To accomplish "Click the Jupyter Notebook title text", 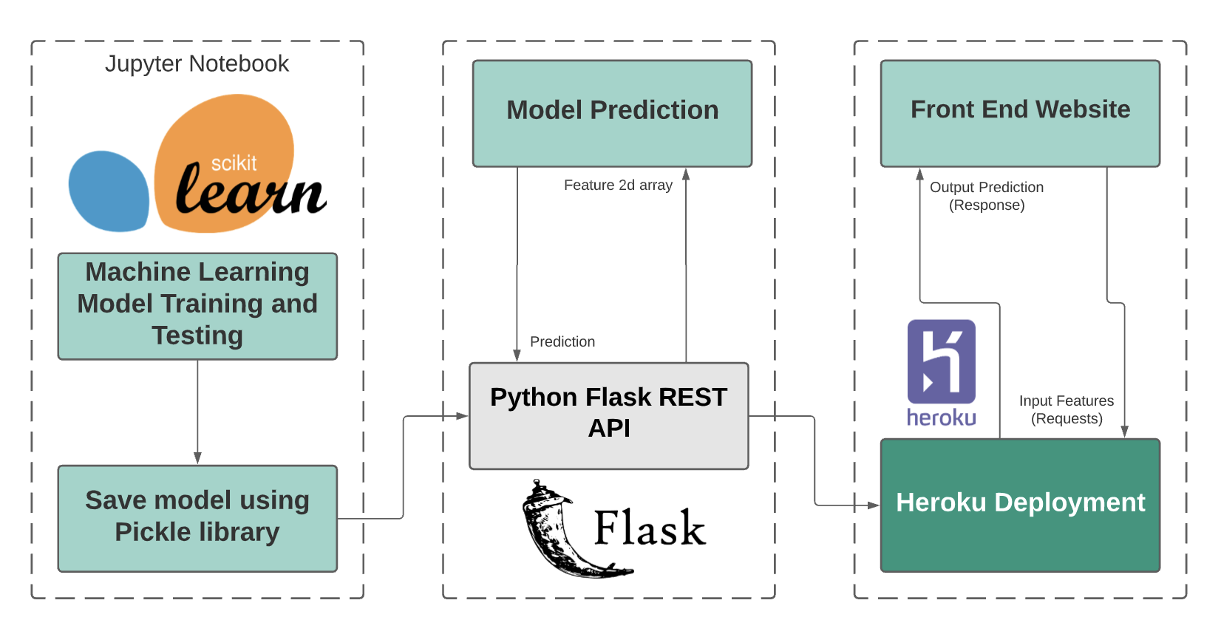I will click(197, 64).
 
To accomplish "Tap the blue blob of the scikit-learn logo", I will click(109, 191).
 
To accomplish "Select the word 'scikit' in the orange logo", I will click(234, 163).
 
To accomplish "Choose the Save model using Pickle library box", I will click(197, 517).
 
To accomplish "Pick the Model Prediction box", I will click(612, 113).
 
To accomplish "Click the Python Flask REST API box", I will click(609, 415).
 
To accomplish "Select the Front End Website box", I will click(1020, 113).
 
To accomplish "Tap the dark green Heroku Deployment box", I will click(1020, 505).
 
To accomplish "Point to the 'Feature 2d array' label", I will click(618, 185).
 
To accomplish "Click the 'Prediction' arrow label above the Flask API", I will click(562, 341).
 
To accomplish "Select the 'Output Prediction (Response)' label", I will click(987, 196).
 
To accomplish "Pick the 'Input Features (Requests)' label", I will click(1067, 409).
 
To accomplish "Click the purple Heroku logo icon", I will click(941, 361).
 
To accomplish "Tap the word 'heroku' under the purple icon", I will click(941, 418).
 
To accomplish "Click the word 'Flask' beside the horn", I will click(650, 528).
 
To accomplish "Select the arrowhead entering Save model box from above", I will click(197, 458).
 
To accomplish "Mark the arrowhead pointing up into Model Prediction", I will click(686, 174).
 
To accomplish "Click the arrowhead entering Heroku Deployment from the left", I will click(874, 505).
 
